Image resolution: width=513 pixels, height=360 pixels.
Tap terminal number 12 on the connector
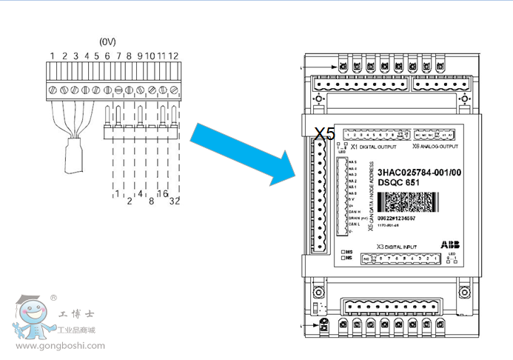pyautogui.click(x=173, y=56)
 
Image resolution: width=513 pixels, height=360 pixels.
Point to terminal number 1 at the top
pyautogui.click(x=53, y=56)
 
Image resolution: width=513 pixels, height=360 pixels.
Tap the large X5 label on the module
pyautogui.click(x=325, y=133)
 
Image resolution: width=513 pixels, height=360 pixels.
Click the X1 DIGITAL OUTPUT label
pyautogui.click(x=377, y=147)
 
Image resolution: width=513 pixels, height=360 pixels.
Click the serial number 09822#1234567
pyautogui.click(x=396, y=219)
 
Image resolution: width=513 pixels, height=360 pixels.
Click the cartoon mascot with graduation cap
pyautogui.click(x=31, y=318)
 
